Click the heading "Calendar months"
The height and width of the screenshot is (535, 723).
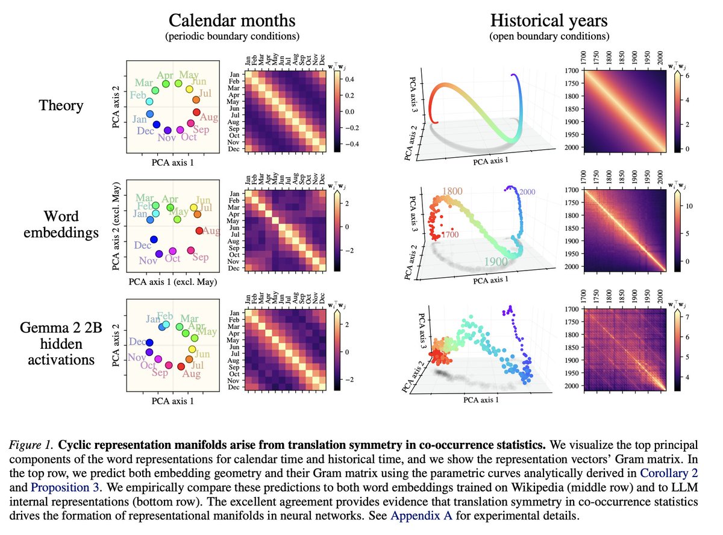tap(232, 21)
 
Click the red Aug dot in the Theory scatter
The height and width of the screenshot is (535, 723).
tap(196, 113)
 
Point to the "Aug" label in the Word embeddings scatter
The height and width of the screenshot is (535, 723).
tap(211, 231)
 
